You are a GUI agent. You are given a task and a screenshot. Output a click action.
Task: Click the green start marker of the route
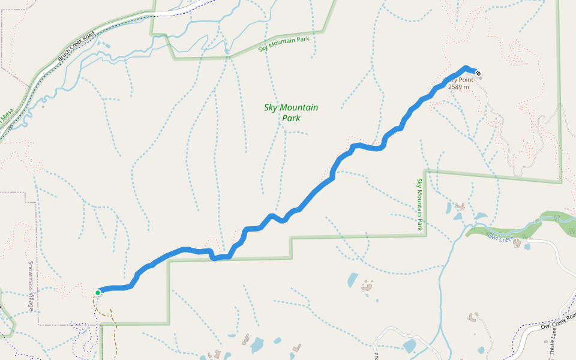pyautogui.click(x=98, y=293)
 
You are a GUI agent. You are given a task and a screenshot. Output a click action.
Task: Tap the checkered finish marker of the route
pyautogui.click(x=478, y=74)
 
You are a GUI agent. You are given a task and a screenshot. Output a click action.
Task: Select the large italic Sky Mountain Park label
pyautogui.click(x=291, y=113)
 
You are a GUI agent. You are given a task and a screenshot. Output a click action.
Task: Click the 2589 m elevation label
pyautogui.click(x=458, y=87)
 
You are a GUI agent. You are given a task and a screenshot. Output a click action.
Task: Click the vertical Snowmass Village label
pyautogui.click(x=31, y=286)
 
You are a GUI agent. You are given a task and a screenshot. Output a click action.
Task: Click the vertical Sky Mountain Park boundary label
pyautogui.click(x=419, y=204)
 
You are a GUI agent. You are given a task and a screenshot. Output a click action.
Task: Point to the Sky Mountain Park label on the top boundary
pyautogui.click(x=283, y=44)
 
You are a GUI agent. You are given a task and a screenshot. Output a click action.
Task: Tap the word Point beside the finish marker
pyautogui.click(x=466, y=80)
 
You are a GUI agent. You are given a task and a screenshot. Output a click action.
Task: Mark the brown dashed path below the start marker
pyautogui.click(x=112, y=318)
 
